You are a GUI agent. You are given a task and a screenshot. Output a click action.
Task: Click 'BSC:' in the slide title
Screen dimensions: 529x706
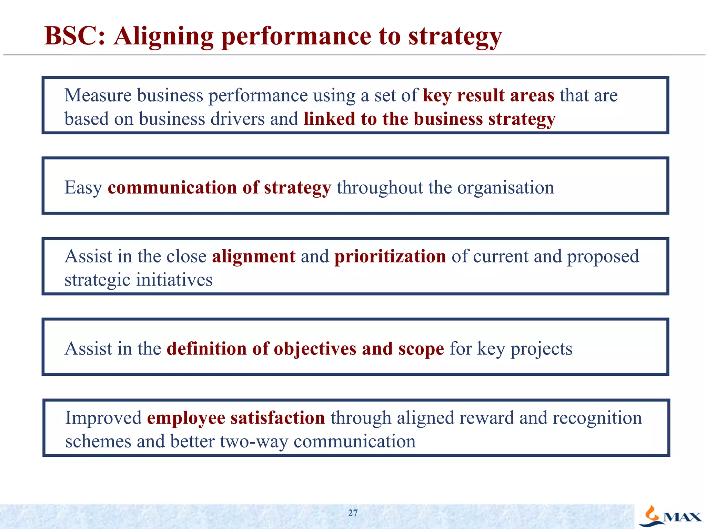point(74,36)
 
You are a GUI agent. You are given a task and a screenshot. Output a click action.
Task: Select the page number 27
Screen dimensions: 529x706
point(353,513)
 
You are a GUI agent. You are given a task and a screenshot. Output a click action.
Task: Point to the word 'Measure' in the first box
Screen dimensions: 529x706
point(98,95)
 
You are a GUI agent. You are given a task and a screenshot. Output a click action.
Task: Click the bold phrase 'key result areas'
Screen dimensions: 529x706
point(488,95)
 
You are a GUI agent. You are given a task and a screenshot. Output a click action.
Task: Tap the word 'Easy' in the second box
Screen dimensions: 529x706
point(83,188)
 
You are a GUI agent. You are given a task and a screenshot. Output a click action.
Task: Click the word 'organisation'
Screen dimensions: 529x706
point(505,188)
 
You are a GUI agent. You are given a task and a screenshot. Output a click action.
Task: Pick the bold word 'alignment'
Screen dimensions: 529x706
point(253,257)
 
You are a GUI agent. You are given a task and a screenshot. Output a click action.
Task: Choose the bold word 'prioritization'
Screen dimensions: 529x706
point(390,257)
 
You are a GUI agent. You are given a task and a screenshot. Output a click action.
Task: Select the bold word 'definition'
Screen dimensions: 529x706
point(206,349)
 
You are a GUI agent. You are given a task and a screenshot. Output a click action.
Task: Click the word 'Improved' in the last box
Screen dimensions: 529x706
point(103,418)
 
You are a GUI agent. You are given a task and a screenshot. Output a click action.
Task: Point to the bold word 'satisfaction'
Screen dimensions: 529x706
point(278,418)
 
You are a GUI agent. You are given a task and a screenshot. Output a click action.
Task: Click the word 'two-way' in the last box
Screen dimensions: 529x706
point(254,441)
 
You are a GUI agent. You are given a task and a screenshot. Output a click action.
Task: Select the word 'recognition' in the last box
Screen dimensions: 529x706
point(597,418)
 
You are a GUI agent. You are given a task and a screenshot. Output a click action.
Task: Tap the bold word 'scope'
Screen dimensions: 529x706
point(421,349)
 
